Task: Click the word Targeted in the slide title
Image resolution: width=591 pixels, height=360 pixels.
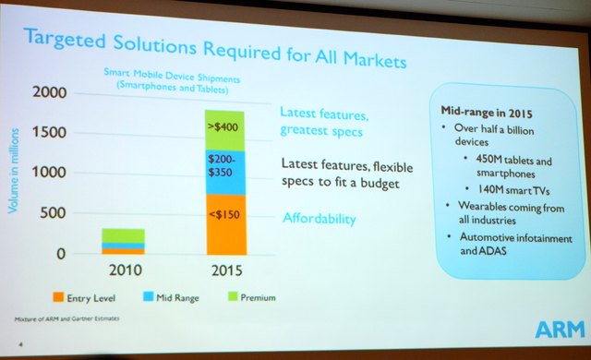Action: coord(71,38)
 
